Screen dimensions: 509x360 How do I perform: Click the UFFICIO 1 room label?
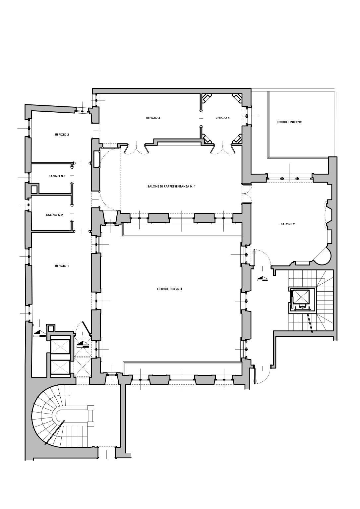(x=62, y=266)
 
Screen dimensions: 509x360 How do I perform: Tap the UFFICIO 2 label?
(x=62, y=135)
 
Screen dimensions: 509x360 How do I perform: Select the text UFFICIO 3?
(x=153, y=118)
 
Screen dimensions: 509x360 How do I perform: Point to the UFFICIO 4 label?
(x=222, y=118)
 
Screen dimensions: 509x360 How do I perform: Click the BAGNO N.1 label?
(x=57, y=176)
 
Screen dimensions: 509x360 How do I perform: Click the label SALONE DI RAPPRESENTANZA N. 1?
(x=171, y=187)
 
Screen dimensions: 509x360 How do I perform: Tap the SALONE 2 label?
(x=287, y=224)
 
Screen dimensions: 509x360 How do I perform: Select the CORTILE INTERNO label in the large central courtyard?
(x=169, y=289)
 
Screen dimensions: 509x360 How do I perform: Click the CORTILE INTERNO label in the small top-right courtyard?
(x=290, y=122)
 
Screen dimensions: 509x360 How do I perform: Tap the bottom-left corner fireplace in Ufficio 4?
(x=207, y=138)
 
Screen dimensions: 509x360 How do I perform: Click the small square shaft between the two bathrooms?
(x=34, y=190)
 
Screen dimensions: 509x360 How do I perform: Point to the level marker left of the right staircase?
(x=262, y=279)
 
